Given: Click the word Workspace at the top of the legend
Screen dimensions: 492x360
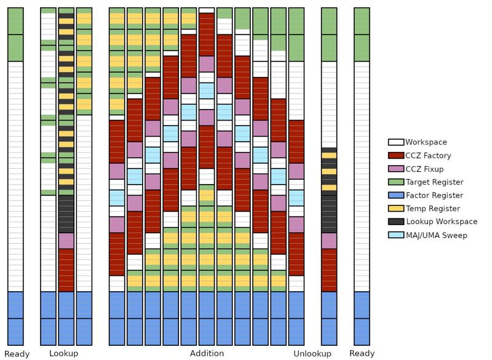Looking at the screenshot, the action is coord(426,142).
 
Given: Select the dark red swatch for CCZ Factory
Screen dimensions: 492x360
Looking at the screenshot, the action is coord(395,155).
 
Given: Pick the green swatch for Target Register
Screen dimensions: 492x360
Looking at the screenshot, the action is coord(395,182).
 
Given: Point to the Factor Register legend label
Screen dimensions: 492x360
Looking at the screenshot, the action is coord(434,195).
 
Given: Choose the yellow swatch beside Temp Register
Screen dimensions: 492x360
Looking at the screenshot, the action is coord(395,208).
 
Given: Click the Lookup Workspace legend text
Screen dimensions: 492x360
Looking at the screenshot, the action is coord(442,222).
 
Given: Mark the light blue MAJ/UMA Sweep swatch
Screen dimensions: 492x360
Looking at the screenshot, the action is coord(395,234).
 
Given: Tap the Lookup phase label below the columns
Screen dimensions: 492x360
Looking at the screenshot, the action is coord(64,353).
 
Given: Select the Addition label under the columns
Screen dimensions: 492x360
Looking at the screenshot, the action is coord(207,353).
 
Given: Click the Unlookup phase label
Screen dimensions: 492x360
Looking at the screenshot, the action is coord(312,354).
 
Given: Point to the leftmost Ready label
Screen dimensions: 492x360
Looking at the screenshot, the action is coord(17,354).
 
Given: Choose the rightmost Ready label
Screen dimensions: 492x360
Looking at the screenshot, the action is coord(362,354).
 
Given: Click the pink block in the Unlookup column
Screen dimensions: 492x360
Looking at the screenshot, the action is coord(329,241).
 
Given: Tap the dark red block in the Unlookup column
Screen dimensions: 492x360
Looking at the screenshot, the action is coord(329,270).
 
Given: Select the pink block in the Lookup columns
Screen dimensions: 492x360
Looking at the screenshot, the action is coord(66,241).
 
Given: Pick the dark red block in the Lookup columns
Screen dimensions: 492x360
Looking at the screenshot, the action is coord(66,270).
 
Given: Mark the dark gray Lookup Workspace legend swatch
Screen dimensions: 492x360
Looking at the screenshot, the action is coord(395,222).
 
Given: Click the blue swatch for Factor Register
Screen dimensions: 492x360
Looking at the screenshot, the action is coord(395,195).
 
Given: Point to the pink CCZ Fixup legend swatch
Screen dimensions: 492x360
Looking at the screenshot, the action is coord(395,169).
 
